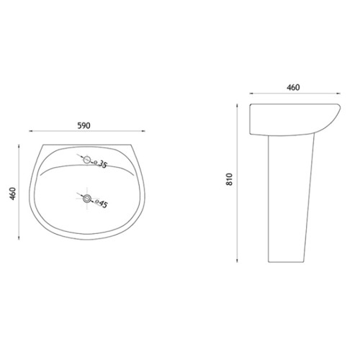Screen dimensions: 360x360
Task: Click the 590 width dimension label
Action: pos(84,125)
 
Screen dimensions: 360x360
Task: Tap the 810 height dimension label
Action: pos(230,179)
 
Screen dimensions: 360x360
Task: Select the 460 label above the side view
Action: pos(293,87)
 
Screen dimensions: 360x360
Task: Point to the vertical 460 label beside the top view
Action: pos(12,194)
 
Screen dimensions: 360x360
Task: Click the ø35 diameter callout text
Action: pos(100,164)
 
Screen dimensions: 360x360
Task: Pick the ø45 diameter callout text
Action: pos(102,203)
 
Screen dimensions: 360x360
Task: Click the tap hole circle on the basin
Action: pos(87,160)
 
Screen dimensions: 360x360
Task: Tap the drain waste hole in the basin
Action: pos(87,199)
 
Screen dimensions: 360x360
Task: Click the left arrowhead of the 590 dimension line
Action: pos(31,131)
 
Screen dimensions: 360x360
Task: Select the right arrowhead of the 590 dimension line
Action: pos(143,131)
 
